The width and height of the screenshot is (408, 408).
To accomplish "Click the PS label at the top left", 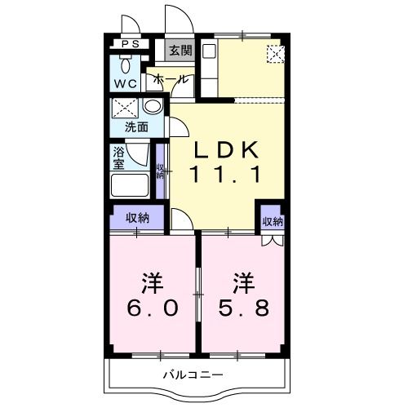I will (x=130, y=44).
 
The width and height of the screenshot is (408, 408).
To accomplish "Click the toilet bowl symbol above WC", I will (x=127, y=64).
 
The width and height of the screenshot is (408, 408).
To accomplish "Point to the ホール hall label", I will (x=172, y=80).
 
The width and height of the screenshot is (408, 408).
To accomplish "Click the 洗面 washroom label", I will (x=135, y=127).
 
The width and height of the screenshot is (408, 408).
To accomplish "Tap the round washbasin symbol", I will (x=152, y=107).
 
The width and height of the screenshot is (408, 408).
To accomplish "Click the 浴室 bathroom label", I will (x=118, y=157).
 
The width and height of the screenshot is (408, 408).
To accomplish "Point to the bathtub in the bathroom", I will (x=130, y=184).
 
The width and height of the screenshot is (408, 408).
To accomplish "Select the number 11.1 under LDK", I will (x=225, y=173).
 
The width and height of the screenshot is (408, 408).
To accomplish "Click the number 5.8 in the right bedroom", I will (x=242, y=308).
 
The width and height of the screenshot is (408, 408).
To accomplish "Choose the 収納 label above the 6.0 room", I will (x=137, y=217).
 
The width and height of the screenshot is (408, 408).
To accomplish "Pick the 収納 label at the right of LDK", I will (x=272, y=221).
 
